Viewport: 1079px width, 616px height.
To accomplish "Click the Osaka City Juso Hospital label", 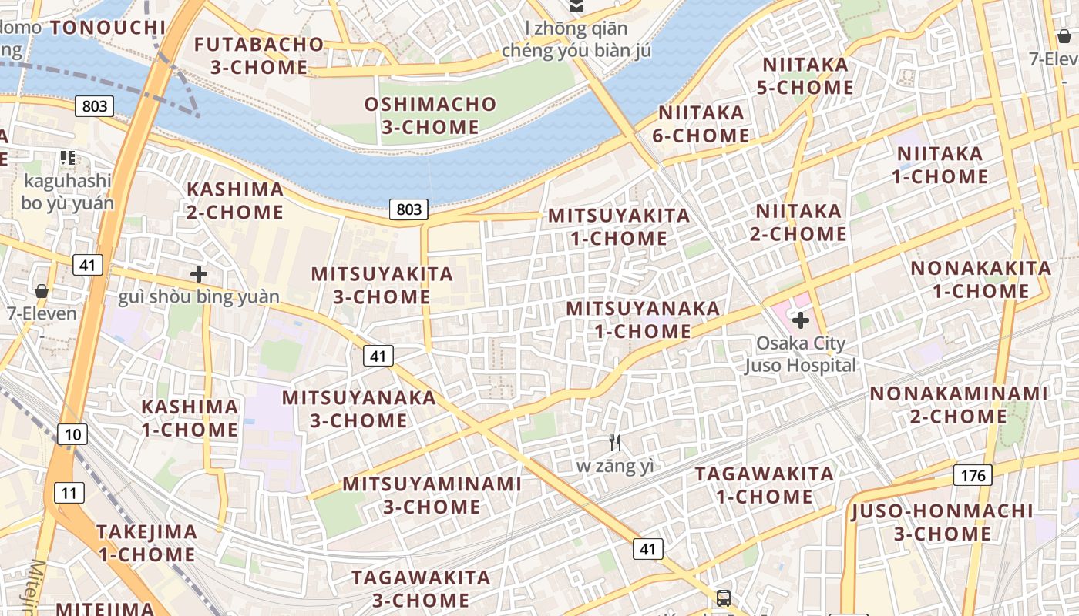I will [800, 354].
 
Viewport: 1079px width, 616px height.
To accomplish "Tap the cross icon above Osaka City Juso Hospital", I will [801, 320].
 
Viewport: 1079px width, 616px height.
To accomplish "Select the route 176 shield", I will [973, 475].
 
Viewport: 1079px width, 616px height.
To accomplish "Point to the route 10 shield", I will [72, 434].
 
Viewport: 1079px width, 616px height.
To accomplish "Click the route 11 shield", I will [69, 492].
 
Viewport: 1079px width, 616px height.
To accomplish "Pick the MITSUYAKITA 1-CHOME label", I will [619, 227].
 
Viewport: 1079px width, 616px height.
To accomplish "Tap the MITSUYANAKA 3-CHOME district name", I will [358, 409].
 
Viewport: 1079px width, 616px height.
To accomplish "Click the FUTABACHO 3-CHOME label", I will [259, 55].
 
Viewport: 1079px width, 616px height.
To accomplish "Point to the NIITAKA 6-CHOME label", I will [701, 124].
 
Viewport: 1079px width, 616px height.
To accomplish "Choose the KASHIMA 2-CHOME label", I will [235, 200].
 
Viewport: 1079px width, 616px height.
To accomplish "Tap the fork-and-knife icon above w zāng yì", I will [615, 443].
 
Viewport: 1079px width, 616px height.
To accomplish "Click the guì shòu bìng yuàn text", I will [199, 296].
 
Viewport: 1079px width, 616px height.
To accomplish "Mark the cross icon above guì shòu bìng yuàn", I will [199, 273].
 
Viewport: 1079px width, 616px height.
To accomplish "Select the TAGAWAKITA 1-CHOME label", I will [765, 485].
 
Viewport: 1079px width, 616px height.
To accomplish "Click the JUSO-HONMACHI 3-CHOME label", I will [942, 522].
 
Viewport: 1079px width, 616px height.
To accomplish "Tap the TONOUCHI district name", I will [108, 28].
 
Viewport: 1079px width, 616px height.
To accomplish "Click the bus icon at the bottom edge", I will [723, 598].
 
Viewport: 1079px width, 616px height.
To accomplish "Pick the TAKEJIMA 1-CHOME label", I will [146, 543].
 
